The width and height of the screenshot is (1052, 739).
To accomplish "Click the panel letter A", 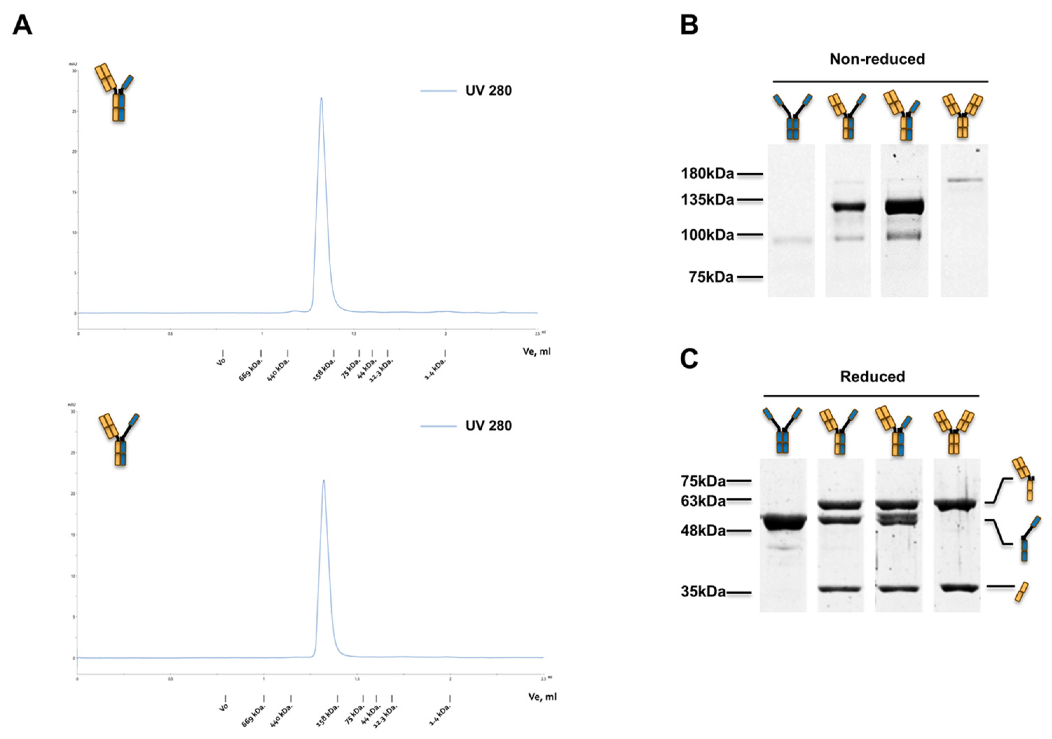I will (x=22, y=25).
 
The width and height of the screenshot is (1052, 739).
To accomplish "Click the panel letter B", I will (x=689, y=25).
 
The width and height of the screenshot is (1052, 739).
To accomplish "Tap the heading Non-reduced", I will (x=877, y=59).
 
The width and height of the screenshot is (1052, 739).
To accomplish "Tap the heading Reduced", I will (x=872, y=377).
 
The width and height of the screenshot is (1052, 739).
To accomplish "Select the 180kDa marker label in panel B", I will (x=707, y=174).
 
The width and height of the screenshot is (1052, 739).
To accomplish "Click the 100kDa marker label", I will (x=707, y=235).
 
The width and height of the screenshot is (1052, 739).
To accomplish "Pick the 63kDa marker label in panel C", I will (x=703, y=501).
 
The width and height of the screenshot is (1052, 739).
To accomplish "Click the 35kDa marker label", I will (x=703, y=592).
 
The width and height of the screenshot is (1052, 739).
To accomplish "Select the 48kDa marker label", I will (x=703, y=531).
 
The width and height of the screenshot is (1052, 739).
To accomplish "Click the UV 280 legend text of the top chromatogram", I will (x=488, y=91).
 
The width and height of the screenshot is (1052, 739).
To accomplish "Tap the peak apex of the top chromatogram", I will (x=321, y=98).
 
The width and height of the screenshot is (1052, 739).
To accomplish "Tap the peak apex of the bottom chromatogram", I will (x=324, y=481).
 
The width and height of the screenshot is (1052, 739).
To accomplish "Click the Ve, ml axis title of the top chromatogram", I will (x=537, y=351).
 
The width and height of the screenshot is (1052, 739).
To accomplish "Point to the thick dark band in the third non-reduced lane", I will (x=904, y=207).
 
